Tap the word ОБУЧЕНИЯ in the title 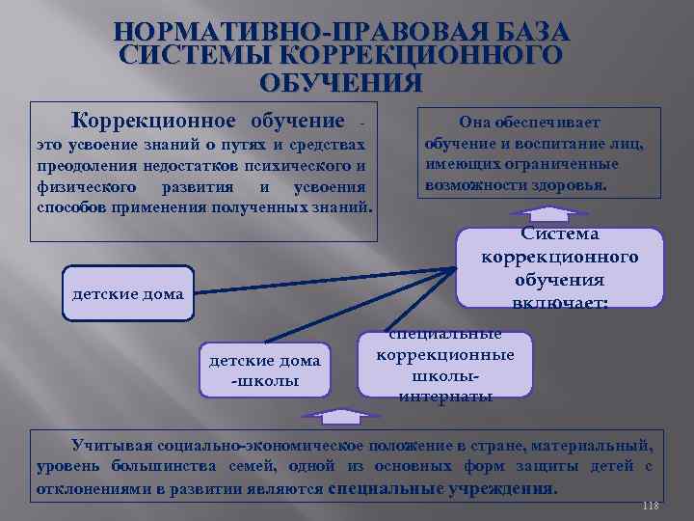340,82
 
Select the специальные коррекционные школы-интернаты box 445,365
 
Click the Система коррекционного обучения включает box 559,267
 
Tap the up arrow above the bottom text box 343,416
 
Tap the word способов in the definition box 71,206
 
